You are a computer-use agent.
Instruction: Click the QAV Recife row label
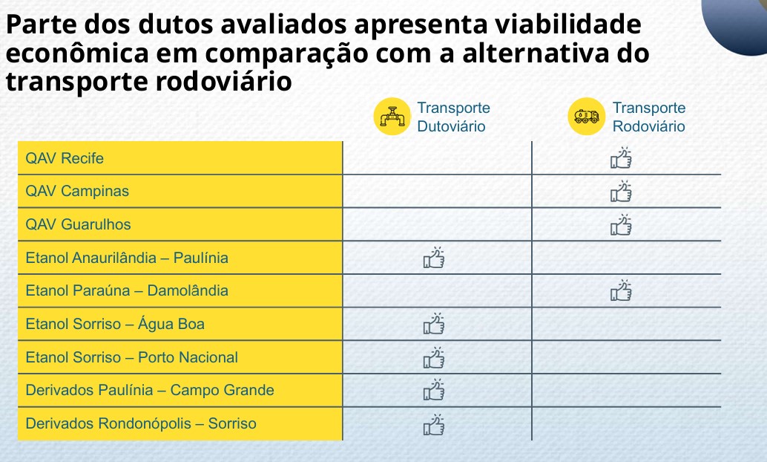pyautogui.click(x=65, y=158)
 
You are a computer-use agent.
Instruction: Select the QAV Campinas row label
pyautogui.click(x=77, y=191)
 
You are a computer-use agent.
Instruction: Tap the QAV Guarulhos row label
pyautogui.click(x=78, y=224)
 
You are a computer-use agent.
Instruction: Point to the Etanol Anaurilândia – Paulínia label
pyautogui.click(x=127, y=258)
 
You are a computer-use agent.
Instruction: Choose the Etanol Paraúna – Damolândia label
pyautogui.click(x=127, y=290)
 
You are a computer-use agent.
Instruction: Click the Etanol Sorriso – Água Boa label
pyautogui.click(x=115, y=324)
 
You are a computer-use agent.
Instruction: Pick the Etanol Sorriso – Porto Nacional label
pyautogui.click(x=131, y=357)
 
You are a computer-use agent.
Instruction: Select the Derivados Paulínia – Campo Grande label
pyautogui.click(x=150, y=390)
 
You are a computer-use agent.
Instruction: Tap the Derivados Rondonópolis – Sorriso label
pyautogui.click(x=141, y=423)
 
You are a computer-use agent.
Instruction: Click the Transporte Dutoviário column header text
pyautogui.click(x=453, y=117)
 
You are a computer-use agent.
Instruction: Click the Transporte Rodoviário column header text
pyautogui.click(x=649, y=117)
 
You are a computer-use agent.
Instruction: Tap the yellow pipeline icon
pyautogui.click(x=393, y=117)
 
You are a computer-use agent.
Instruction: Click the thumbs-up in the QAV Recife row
pyautogui.click(x=622, y=157)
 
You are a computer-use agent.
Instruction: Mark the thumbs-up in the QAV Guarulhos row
pyautogui.click(x=622, y=224)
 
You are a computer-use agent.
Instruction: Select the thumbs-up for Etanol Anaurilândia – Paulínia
pyautogui.click(x=434, y=257)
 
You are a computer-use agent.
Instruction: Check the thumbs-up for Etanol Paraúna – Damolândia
pyautogui.click(x=622, y=290)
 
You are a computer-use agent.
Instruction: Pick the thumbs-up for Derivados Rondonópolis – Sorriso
pyautogui.click(x=434, y=423)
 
